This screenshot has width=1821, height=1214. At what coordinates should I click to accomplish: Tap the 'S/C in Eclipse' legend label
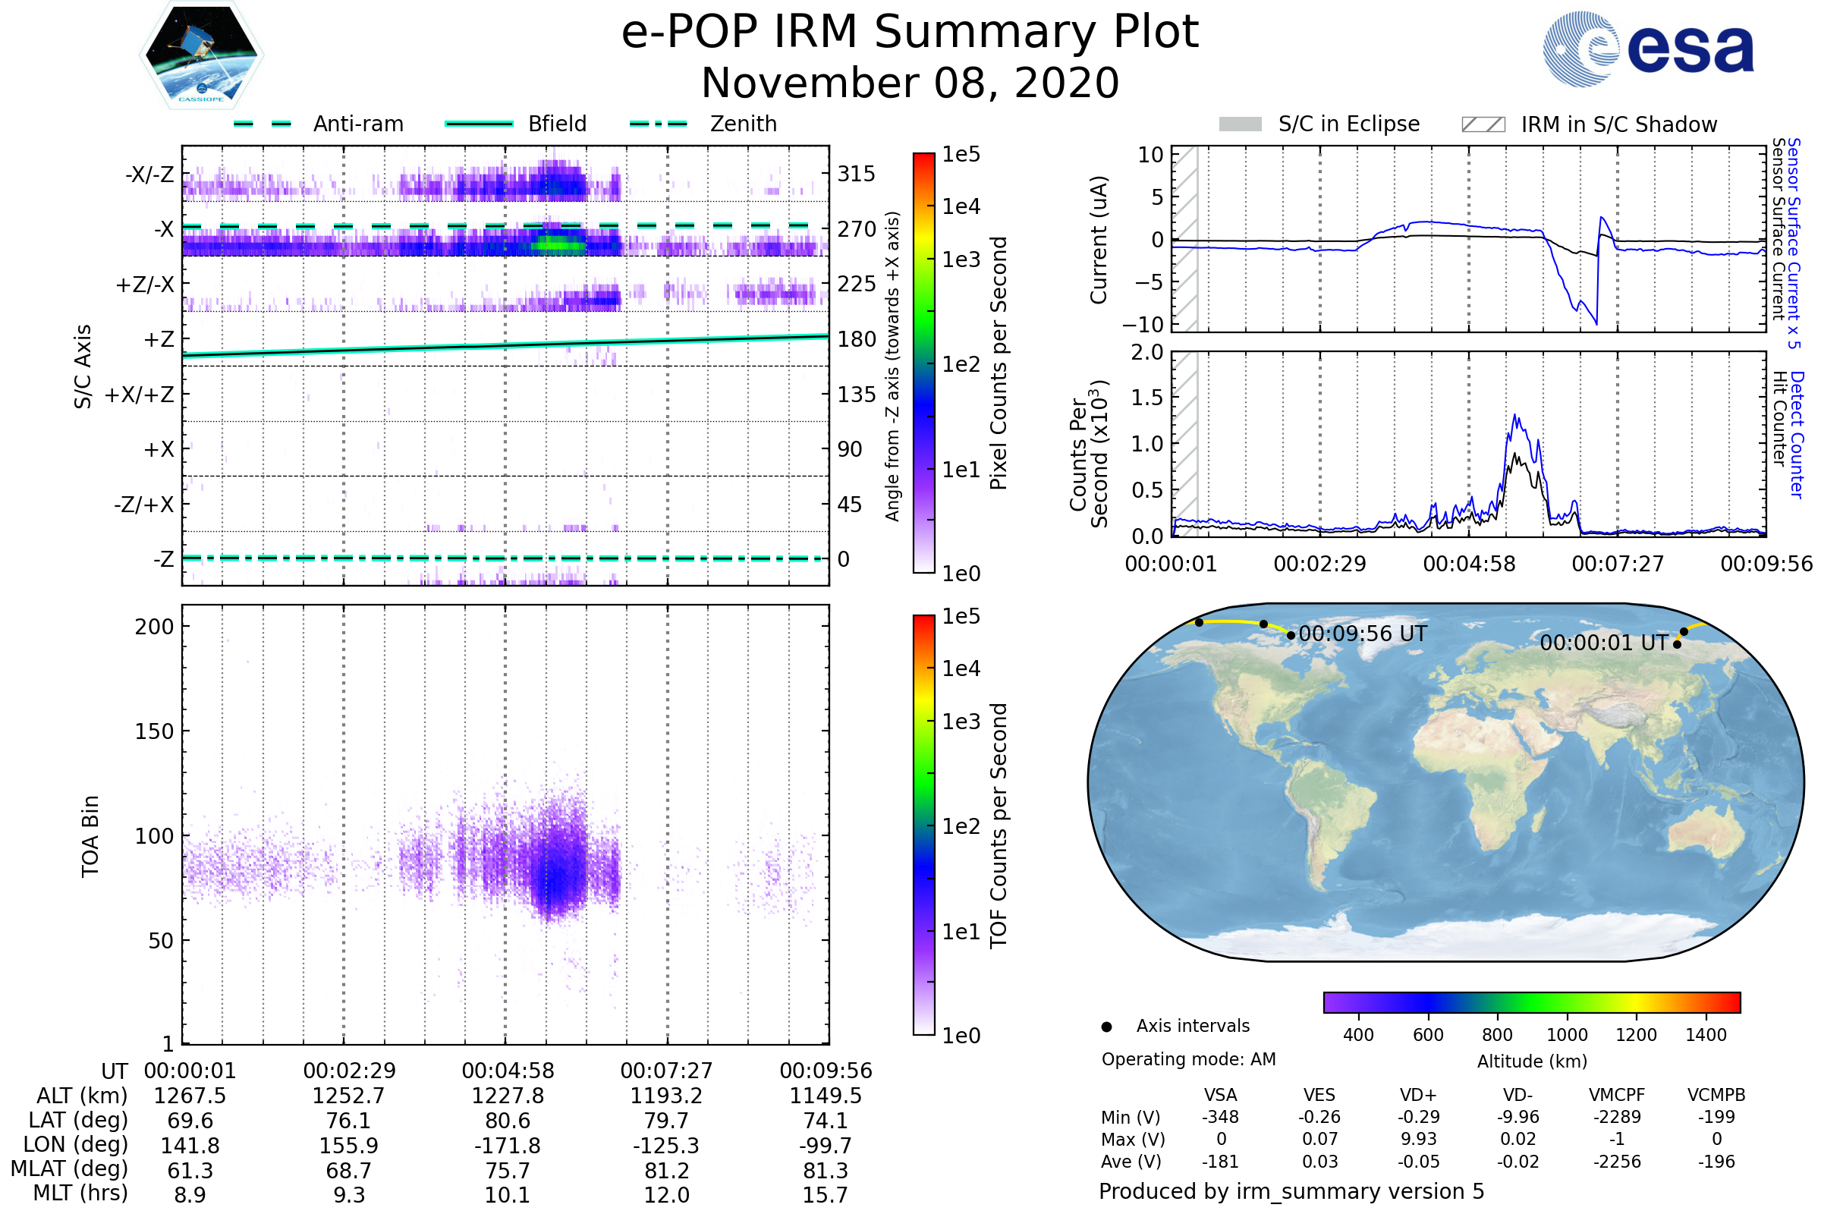pos(1348,124)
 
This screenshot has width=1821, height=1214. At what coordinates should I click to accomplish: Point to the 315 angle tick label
pos(856,174)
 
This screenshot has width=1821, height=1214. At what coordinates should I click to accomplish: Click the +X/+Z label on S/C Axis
pos(140,395)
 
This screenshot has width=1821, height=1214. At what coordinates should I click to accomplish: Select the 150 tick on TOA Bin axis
pos(154,731)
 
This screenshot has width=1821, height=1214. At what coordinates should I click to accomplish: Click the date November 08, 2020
pos(910,83)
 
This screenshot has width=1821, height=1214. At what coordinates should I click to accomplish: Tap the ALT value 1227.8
pos(508,1096)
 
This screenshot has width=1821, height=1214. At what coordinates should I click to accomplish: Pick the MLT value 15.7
pos(825,1194)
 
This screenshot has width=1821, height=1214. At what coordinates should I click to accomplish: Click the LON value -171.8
pos(508,1145)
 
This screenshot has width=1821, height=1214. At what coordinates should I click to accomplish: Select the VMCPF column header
pos(1617,1095)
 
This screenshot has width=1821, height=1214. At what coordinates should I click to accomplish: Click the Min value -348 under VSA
pos(1220,1117)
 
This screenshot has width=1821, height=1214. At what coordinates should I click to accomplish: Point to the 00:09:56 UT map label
pos(1362,634)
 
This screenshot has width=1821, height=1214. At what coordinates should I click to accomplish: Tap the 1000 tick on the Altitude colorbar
pos(1566,1034)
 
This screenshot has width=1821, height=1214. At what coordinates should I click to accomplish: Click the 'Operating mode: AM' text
pos(1188,1059)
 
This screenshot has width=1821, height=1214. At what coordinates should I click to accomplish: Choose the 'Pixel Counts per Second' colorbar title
pos(999,363)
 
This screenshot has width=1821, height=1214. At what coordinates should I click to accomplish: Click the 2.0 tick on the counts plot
pos(1146,352)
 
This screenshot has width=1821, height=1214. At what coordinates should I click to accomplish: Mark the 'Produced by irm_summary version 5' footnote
pos(1291,1191)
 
